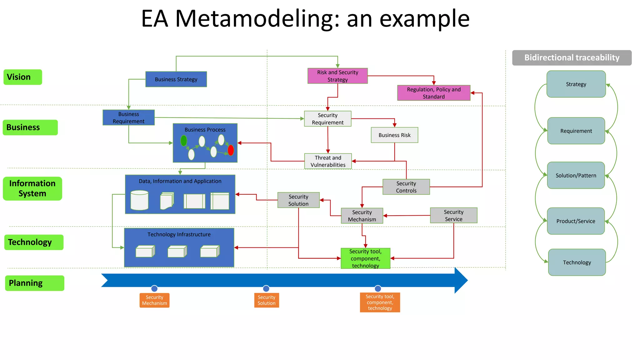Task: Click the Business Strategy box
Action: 176,79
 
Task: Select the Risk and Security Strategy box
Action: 337,76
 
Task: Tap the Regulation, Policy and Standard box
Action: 433,93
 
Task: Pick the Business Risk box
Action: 394,135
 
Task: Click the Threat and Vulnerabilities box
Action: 328,161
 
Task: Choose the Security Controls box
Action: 406,187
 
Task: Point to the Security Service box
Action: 453,215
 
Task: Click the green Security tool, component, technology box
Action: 365,258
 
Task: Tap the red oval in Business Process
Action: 231,150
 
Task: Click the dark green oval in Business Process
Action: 184,141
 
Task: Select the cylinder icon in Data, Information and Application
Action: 139,200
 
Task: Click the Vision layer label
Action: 22,77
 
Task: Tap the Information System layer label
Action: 32,188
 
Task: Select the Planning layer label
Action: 34,283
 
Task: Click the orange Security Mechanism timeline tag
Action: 154,300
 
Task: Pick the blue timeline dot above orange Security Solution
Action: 266,288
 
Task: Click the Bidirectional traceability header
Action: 572,58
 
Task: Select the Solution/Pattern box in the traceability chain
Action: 576,175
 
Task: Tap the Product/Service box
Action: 576,221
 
